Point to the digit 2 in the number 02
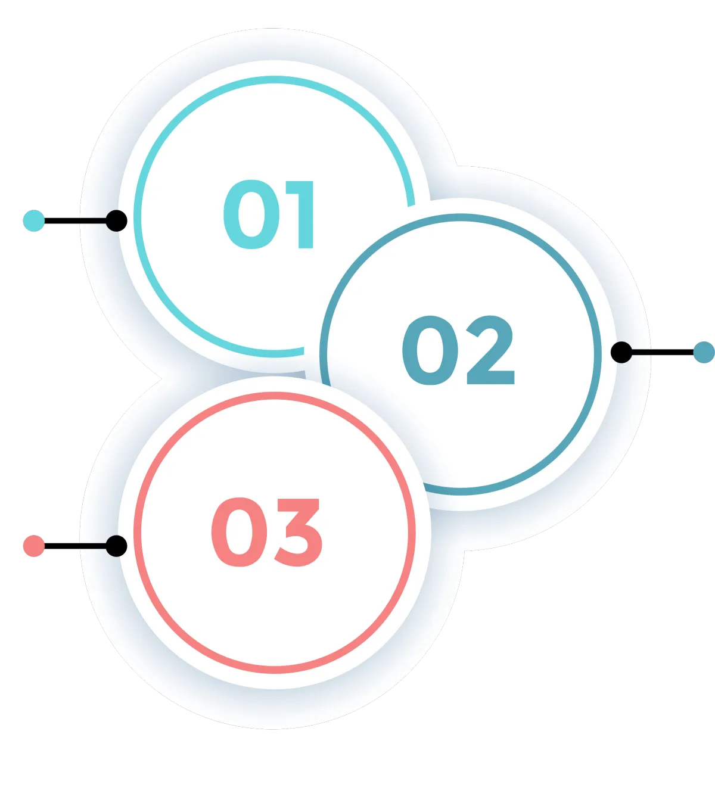click(490, 350)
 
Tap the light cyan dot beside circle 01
click(34, 221)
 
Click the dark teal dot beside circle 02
click(704, 352)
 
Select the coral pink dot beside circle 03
click(34, 546)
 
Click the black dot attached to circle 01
click(116, 221)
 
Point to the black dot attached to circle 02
click(621, 352)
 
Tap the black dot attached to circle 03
click(116, 546)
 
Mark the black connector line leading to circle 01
click(92, 221)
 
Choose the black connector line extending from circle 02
click(642, 352)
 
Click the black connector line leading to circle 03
click(92, 546)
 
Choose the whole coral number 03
click(267, 532)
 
